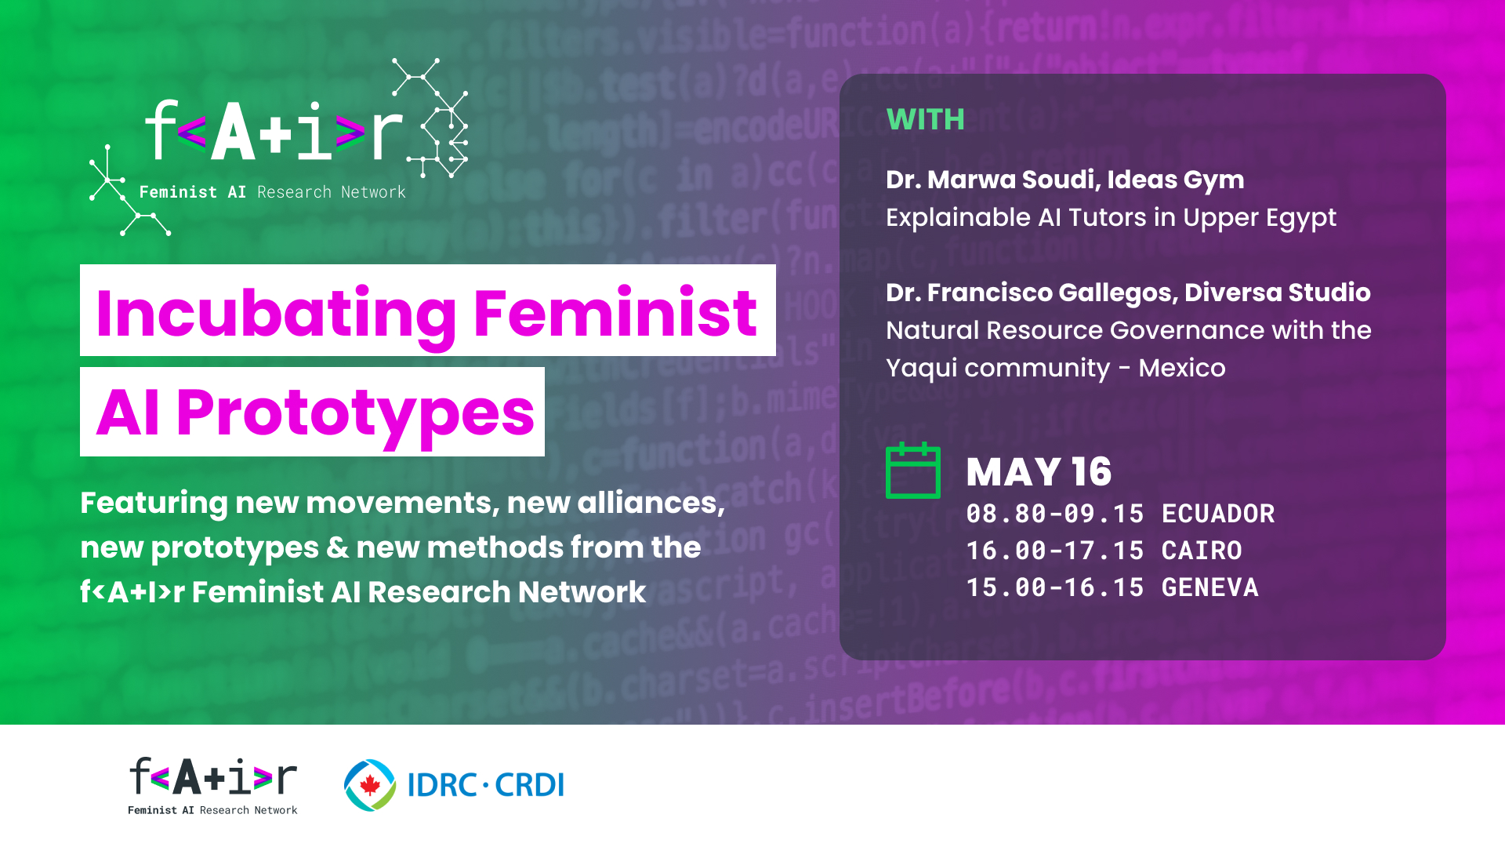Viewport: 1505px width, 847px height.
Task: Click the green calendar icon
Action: (x=913, y=471)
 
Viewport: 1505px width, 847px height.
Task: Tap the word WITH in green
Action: (x=925, y=120)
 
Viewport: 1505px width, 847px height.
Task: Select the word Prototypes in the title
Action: (x=355, y=413)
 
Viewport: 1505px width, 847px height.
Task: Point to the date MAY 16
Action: (x=1039, y=472)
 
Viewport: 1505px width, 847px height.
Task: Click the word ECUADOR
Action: (x=1218, y=514)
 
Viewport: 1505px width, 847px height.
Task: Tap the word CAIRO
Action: (x=1202, y=551)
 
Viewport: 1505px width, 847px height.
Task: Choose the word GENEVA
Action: (x=1209, y=587)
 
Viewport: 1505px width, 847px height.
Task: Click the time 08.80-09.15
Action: (x=1055, y=514)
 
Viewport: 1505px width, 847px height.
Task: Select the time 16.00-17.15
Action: (x=1055, y=551)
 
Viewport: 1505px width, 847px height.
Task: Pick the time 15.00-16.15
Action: (x=1055, y=587)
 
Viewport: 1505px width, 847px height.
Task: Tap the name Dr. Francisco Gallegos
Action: (x=1031, y=293)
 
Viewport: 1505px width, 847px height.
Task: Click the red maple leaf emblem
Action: (x=370, y=784)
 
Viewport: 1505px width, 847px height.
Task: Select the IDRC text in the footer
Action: (x=442, y=784)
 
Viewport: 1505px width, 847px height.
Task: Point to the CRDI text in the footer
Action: (x=529, y=784)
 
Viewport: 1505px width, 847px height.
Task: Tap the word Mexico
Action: (x=1182, y=368)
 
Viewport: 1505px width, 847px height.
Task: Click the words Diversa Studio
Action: (x=1278, y=293)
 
